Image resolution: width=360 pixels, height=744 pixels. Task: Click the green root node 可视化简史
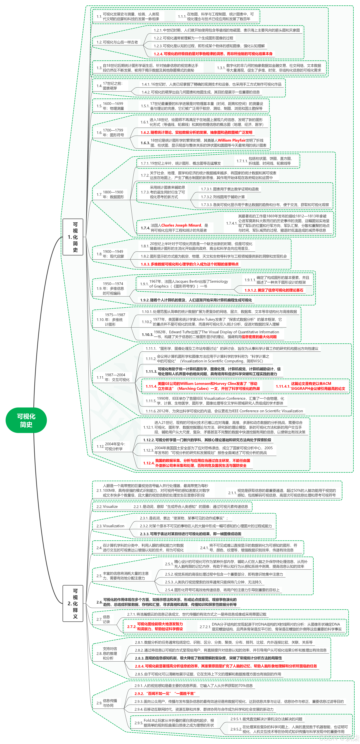click(26, 420)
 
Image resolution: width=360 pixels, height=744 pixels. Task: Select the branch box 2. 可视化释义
click(73, 604)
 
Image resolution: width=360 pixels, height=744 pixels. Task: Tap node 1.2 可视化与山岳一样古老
click(117, 42)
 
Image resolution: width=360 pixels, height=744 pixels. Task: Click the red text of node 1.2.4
click(213, 54)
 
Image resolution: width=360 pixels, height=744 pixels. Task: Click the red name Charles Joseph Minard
click(181, 225)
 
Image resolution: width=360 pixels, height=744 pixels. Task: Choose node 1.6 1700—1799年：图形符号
click(110, 133)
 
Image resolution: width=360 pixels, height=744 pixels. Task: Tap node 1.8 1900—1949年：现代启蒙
click(110, 254)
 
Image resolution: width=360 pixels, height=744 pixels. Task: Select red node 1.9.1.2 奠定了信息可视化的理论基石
click(274, 290)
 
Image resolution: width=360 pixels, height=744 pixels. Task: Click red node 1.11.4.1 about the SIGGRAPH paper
click(311, 386)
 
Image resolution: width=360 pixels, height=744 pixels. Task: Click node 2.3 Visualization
click(110, 526)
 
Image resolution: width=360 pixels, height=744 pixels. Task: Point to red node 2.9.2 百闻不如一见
click(165, 693)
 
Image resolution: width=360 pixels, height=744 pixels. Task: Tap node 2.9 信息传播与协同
click(107, 703)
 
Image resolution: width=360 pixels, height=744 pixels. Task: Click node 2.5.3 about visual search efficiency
click(213, 582)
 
